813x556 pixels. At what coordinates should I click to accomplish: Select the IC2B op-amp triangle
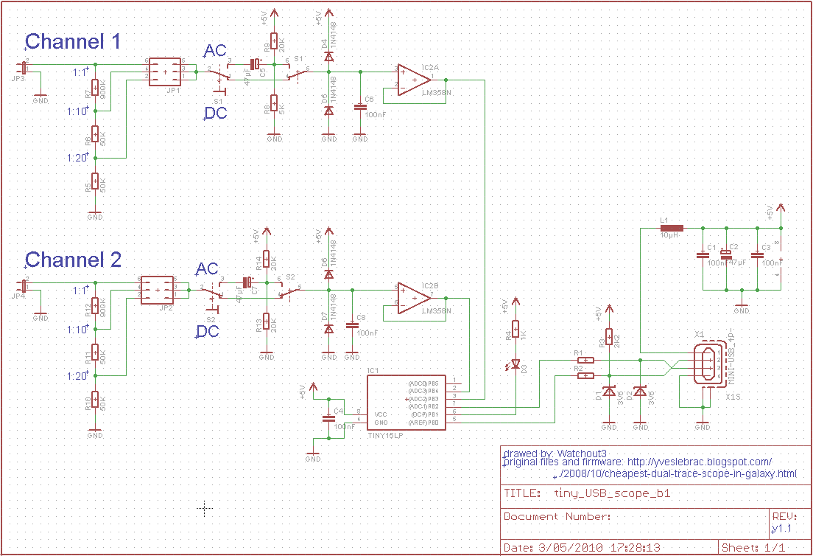point(413,297)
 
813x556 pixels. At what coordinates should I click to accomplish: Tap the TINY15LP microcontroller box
point(405,403)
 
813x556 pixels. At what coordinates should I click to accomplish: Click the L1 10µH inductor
point(672,229)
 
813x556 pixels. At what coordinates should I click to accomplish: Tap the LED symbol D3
point(515,364)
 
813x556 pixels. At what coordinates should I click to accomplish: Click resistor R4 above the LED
point(515,330)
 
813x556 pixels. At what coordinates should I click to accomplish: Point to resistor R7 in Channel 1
point(95,89)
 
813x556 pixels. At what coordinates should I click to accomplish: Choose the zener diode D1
point(609,392)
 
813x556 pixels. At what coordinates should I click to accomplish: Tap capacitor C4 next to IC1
point(328,418)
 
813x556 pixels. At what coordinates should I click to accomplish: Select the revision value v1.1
point(781,529)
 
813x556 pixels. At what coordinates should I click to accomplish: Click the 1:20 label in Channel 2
point(77,376)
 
